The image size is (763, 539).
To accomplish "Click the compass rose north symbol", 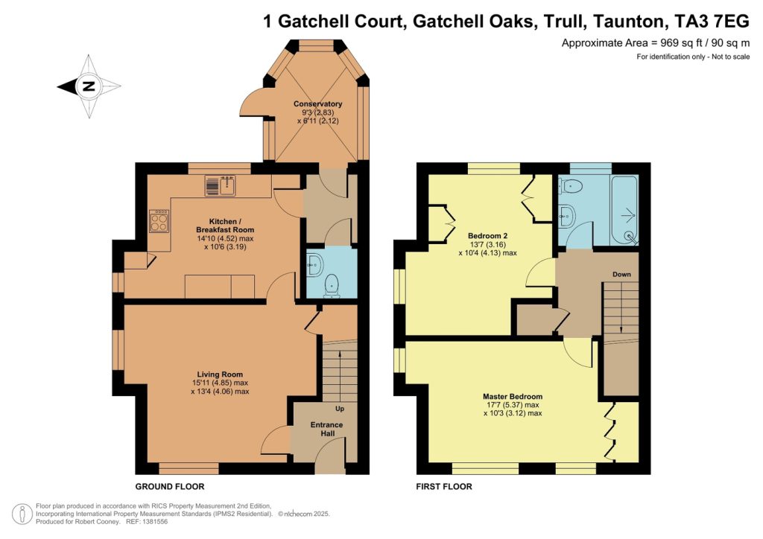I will (x=89, y=86).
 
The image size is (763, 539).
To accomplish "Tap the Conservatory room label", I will (x=317, y=104).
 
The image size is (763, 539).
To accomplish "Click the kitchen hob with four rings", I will (x=159, y=220).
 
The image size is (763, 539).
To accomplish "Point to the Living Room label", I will (x=220, y=374).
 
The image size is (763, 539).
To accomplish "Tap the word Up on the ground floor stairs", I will (x=340, y=409).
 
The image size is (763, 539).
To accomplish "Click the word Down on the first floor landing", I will (x=621, y=275).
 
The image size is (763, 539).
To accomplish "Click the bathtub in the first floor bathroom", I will (x=622, y=210).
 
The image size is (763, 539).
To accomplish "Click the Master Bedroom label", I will (x=512, y=397).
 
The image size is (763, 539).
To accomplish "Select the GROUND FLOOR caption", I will (x=169, y=487).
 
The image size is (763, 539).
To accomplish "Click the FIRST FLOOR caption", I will (x=443, y=487).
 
